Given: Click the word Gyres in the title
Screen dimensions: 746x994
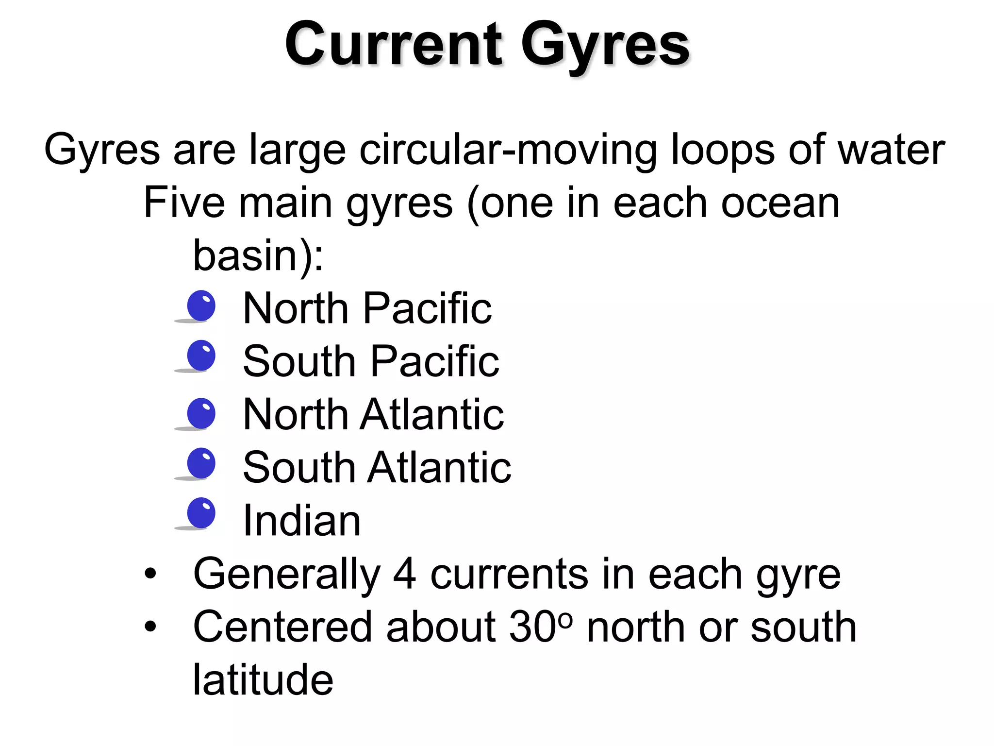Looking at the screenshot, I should (x=605, y=46).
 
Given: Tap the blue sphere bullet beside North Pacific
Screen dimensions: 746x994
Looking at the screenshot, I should (x=201, y=306).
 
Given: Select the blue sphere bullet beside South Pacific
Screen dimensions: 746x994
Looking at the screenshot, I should (x=201, y=356).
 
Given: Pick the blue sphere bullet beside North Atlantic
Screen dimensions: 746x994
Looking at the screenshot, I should (x=201, y=413).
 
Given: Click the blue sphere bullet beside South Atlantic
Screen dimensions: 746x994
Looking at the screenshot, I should (x=201, y=463).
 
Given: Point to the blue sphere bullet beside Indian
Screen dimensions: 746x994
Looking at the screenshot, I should (x=201, y=513).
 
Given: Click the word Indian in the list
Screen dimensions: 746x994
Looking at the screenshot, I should (x=301, y=520).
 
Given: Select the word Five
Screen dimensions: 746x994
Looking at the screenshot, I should (x=184, y=203).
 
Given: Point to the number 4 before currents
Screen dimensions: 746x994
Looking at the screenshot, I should (x=404, y=574).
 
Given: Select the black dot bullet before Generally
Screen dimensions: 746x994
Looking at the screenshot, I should (x=150, y=574).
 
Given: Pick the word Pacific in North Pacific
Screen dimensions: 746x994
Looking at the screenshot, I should (x=427, y=308).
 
